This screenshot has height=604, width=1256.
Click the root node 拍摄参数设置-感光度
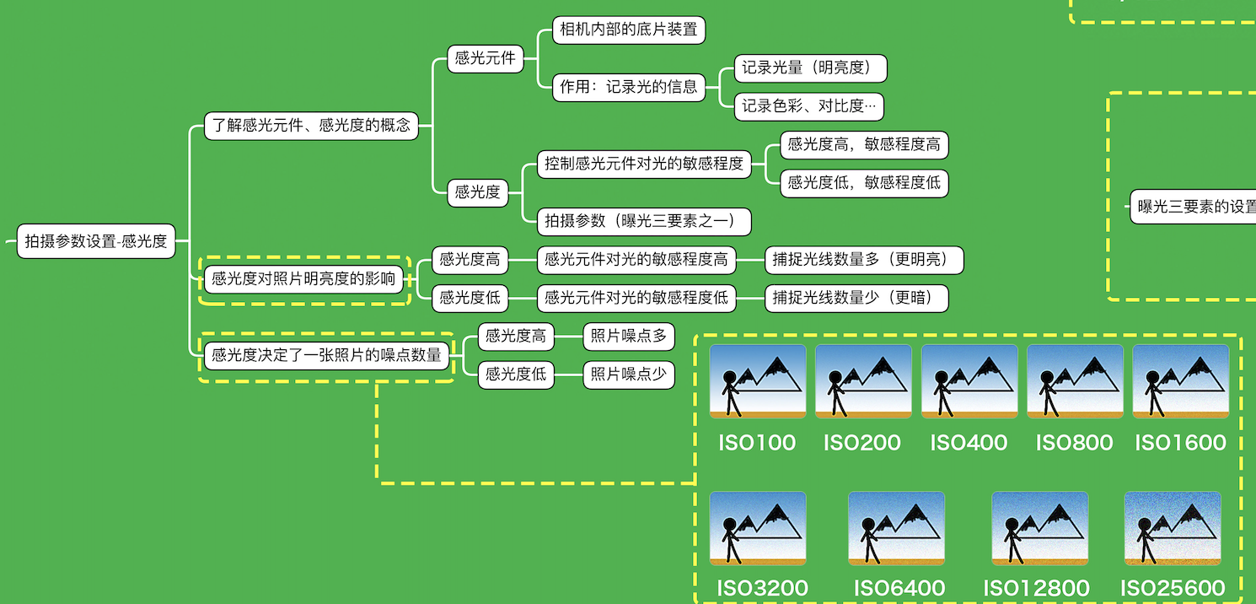click(96, 241)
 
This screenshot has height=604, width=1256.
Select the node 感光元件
click(486, 58)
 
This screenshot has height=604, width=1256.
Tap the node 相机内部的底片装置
click(629, 30)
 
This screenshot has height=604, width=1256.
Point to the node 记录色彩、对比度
click(809, 106)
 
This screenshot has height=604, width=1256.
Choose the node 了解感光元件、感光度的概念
click(311, 126)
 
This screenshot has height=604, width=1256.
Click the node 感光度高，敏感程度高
click(864, 144)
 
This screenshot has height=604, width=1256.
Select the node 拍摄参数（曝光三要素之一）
click(644, 221)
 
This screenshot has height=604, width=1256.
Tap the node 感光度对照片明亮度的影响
click(304, 279)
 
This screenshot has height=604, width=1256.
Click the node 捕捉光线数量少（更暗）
click(856, 298)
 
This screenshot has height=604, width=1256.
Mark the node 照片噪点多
click(629, 337)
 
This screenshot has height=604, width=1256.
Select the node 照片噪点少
click(629, 375)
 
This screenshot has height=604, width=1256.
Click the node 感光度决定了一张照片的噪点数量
click(327, 356)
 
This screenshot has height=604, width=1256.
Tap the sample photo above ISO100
click(758, 380)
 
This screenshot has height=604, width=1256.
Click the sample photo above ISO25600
click(1173, 528)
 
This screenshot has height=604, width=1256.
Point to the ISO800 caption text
click(1074, 442)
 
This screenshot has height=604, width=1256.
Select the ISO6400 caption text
click(899, 588)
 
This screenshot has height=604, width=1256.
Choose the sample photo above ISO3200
click(758, 528)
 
